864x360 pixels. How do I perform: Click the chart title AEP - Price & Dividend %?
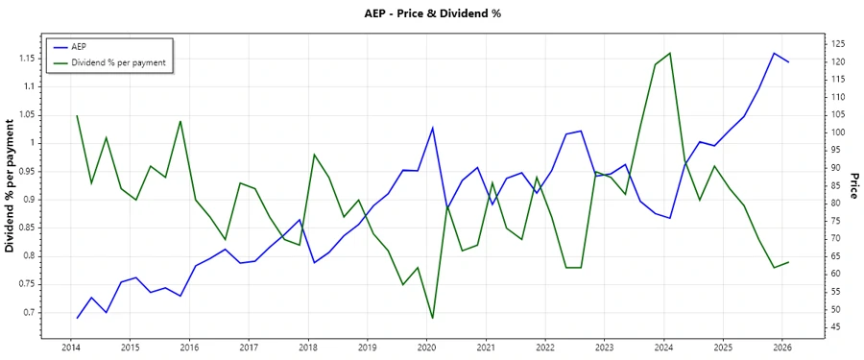click(431, 13)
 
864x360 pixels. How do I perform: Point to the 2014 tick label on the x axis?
click(71, 347)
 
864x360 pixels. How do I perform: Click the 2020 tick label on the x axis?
click(426, 347)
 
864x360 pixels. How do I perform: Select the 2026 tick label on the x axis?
click(782, 347)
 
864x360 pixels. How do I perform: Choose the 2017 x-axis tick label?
click(249, 347)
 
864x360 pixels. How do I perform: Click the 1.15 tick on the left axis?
click(27, 59)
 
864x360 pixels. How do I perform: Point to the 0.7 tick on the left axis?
click(30, 313)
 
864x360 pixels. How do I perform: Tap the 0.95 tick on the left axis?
click(27, 172)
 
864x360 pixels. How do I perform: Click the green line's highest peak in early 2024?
click(670, 53)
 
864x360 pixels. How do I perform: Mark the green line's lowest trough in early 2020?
click(432, 318)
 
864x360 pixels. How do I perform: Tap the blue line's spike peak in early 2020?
click(432, 128)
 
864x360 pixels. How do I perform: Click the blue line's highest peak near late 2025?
click(774, 53)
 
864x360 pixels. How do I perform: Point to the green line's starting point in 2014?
click(77, 115)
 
